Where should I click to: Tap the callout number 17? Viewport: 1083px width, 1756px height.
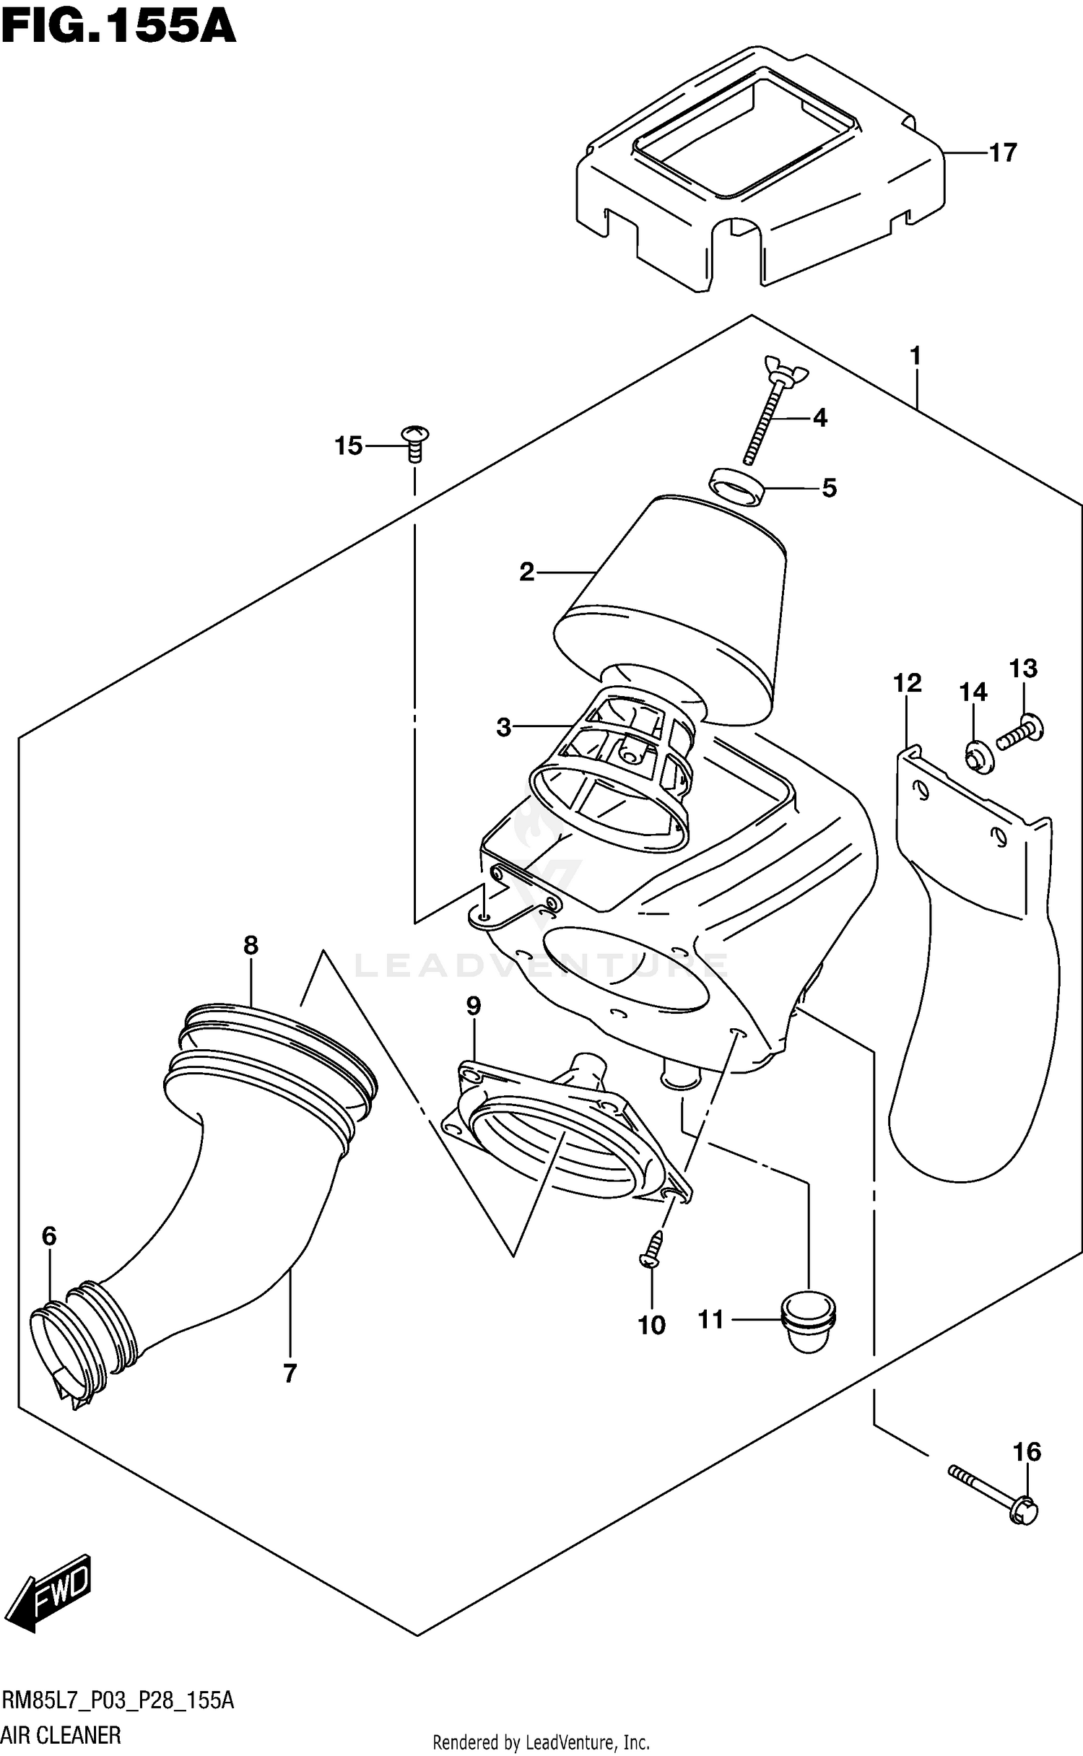click(x=1002, y=153)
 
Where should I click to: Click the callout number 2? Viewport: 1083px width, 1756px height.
click(x=526, y=572)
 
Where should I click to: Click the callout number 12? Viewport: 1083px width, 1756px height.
click(x=908, y=682)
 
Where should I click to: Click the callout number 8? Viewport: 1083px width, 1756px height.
click(x=251, y=945)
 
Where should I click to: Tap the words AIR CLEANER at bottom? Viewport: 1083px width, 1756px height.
click(x=62, y=1734)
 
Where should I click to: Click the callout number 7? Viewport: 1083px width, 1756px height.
click(x=290, y=1373)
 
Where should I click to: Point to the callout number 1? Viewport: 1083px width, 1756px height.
click(x=915, y=356)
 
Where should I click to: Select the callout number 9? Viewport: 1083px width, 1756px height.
click(x=474, y=1006)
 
